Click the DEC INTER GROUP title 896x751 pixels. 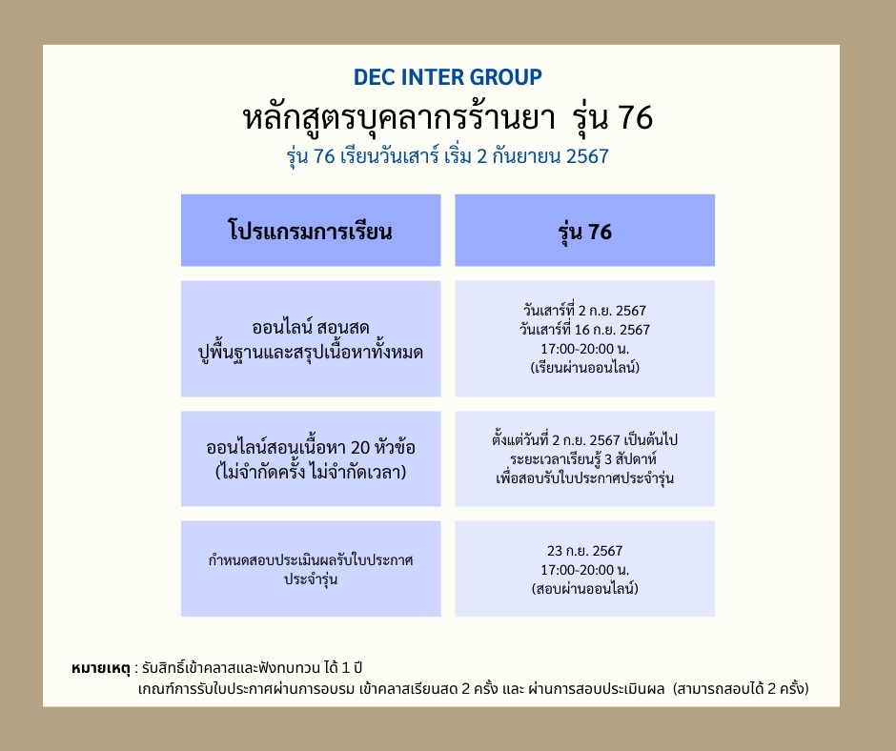447,77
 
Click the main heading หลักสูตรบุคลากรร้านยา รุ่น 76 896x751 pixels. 447,118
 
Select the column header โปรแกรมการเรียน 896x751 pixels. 311,231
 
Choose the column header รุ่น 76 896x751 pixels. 584,231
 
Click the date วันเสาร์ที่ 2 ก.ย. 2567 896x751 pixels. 584,311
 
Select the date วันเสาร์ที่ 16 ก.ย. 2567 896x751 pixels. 584,329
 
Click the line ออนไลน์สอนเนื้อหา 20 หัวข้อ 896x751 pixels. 311,448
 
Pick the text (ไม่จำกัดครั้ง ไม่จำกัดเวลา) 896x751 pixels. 311,470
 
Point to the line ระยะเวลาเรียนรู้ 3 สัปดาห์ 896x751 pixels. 584,459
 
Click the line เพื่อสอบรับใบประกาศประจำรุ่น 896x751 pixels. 584,477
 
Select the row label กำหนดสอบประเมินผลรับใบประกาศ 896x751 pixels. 311,558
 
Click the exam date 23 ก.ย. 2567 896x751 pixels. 584,551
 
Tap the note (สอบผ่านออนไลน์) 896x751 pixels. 584,589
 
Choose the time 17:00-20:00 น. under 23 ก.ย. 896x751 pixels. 584,570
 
